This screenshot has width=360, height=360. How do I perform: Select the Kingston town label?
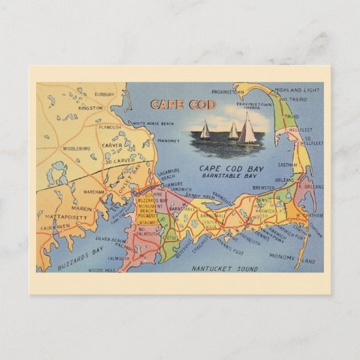coord(90,108)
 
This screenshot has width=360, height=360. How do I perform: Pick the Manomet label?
coord(167,141)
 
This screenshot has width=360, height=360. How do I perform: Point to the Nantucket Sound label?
coord(224,269)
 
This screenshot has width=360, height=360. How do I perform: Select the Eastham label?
coord(287,165)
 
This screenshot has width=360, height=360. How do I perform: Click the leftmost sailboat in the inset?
coord(204,130)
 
